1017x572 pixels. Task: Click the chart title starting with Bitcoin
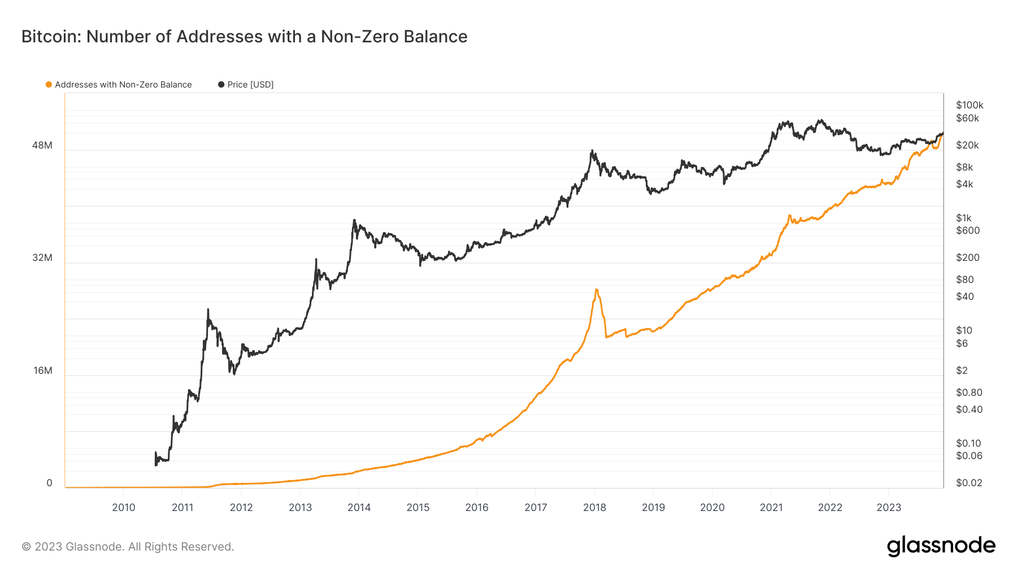(x=244, y=37)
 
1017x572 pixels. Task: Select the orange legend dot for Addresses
(x=49, y=85)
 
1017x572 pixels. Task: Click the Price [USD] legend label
(x=250, y=85)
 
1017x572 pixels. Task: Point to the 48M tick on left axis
(x=42, y=145)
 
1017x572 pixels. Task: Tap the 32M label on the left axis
(x=42, y=257)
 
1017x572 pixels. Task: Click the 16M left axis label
(x=43, y=370)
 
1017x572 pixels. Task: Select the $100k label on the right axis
(x=970, y=105)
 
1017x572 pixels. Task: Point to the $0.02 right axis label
(x=969, y=483)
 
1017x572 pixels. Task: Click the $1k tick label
(x=964, y=218)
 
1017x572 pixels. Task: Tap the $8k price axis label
(x=964, y=167)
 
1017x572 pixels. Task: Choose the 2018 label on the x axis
(x=594, y=507)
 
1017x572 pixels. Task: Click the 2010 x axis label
(x=124, y=507)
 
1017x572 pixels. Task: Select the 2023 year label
(x=889, y=507)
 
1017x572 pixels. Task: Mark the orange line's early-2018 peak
(x=597, y=290)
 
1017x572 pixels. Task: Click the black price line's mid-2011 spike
(x=208, y=309)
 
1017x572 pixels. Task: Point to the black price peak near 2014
(x=354, y=220)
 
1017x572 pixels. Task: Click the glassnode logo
(x=941, y=546)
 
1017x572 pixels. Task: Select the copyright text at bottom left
(x=128, y=547)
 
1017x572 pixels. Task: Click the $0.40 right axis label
(x=969, y=409)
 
